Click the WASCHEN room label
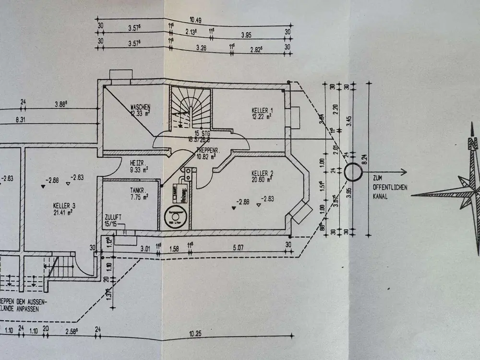point(141,107)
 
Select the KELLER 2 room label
point(262,173)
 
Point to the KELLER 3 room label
point(64,205)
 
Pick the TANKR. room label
point(138,189)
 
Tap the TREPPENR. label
point(207,150)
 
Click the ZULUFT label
point(114,217)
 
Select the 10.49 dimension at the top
point(195,20)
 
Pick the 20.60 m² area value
point(263,180)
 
